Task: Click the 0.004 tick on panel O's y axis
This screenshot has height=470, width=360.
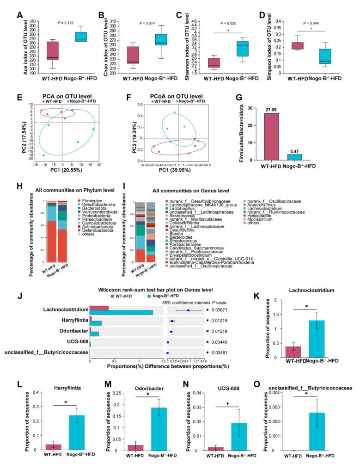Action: (x=273, y=393)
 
